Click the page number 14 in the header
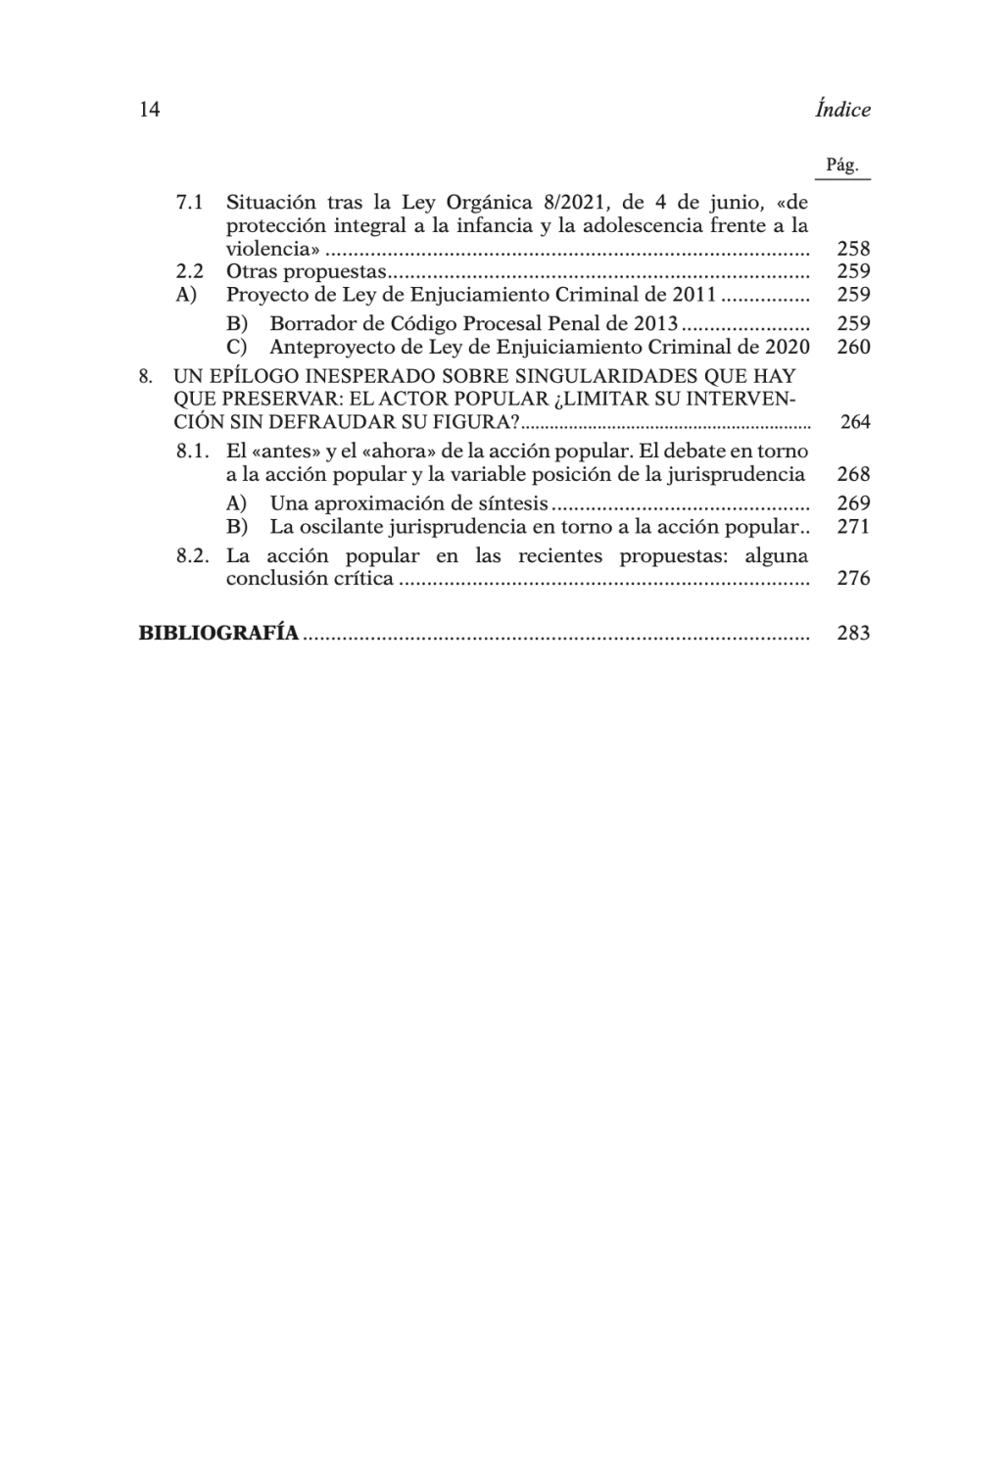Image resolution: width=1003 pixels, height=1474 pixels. (150, 110)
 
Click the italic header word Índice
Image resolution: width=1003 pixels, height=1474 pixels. (842, 110)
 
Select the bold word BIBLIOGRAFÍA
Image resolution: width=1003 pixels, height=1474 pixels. (218, 633)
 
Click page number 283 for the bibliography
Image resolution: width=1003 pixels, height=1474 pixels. (854, 633)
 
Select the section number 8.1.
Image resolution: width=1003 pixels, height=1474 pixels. (193, 452)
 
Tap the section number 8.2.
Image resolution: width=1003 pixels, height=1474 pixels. (193, 555)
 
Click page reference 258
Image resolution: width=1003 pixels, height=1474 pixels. (854, 249)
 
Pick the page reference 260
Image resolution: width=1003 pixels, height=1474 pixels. (854, 347)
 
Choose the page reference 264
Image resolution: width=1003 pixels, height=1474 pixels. (855, 422)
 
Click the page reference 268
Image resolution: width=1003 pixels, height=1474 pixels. (854, 475)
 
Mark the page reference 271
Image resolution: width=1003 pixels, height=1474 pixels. (854, 527)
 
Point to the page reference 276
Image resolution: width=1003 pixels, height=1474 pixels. (854, 579)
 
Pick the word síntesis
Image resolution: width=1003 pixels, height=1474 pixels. (512, 503)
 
